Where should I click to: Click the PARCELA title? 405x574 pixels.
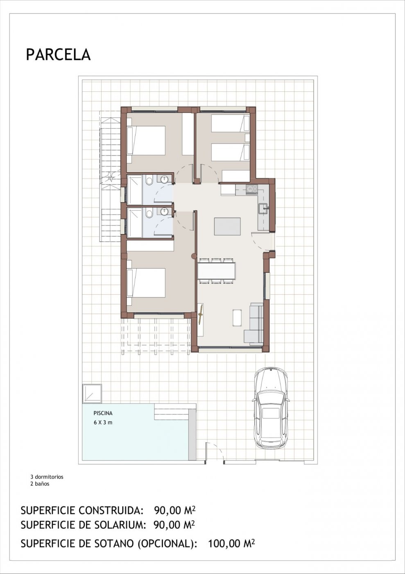click(x=58, y=55)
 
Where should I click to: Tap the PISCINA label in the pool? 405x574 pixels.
click(x=103, y=414)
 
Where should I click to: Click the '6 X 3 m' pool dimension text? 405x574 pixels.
click(x=103, y=422)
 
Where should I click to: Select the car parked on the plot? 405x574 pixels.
click(x=271, y=408)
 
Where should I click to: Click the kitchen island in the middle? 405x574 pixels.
click(x=227, y=226)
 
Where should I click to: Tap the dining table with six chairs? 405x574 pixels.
click(x=217, y=271)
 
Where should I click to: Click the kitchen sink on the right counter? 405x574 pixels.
click(x=262, y=208)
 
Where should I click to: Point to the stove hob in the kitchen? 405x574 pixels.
click(x=251, y=189)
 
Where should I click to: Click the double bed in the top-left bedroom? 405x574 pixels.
click(x=146, y=140)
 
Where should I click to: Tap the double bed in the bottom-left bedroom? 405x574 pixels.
click(x=146, y=283)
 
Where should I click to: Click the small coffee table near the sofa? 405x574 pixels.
click(x=237, y=318)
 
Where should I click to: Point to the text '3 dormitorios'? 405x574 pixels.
click(x=47, y=477)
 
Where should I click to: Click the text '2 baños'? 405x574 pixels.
click(x=40, y=484)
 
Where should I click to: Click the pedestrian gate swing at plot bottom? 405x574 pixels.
click(x=214, y=452)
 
